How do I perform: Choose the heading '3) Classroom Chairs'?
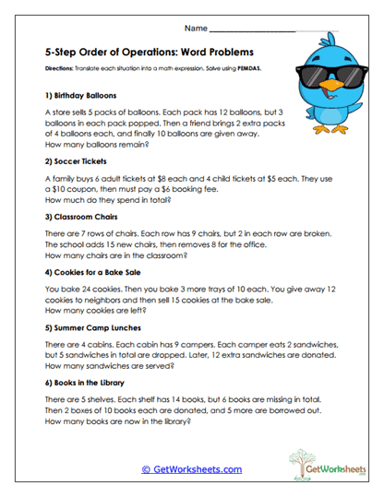click(82, 218)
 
